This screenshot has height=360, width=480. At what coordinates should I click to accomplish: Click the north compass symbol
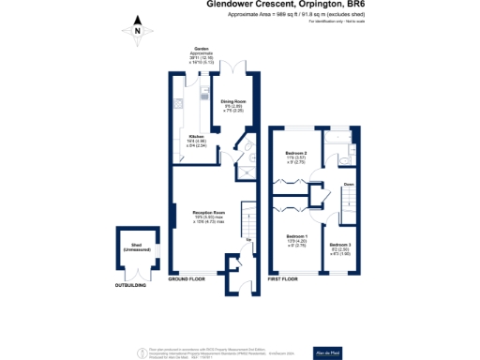(x=137, y=30)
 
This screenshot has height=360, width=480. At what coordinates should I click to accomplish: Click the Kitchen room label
(x=197, y=139)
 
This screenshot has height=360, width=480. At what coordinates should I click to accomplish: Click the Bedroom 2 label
(x=297, y=156)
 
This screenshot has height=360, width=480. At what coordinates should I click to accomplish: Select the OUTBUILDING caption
(x=131, y=283)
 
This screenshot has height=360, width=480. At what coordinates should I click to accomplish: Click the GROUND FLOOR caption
(x=187, y=279)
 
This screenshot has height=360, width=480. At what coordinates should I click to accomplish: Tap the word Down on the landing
(x=349, y=184)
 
